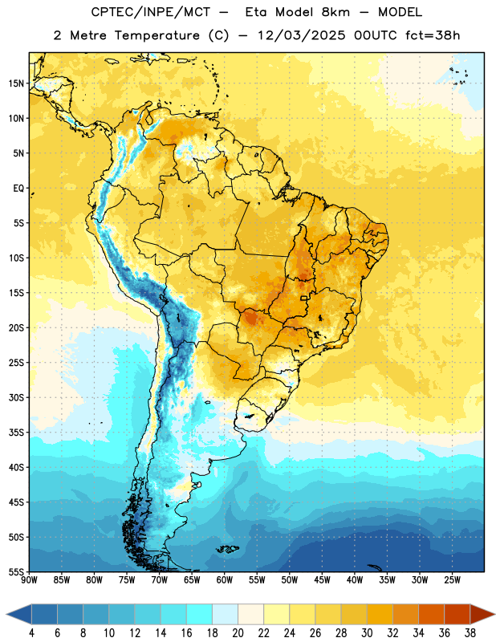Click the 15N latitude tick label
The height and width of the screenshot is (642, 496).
[16, 83]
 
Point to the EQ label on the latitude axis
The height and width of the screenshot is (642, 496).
[18, 189]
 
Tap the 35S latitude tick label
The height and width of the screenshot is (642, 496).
[16, 433]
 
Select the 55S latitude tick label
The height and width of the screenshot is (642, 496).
[16, 571]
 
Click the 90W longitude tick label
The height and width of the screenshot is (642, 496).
[29, 580]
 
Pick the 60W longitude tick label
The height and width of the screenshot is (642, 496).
[225, 580]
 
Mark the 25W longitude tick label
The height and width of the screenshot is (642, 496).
[452, 580]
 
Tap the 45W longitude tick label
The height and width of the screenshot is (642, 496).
[323, 580]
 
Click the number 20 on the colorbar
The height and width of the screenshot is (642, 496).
[238, 633]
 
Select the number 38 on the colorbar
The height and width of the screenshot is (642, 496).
[470, 633]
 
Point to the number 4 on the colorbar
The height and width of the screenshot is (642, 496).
[31, 633]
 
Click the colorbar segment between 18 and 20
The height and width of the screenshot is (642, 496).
[225, 614]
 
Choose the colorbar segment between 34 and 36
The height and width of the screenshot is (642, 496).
[431, 614]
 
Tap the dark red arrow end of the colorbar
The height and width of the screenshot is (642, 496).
[481, 614]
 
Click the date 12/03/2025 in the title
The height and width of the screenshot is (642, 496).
[302, 35]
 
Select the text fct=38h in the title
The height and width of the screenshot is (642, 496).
[433, 35]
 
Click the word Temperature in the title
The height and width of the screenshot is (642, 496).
[157, 35]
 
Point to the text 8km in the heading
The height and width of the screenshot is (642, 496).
[335, 13]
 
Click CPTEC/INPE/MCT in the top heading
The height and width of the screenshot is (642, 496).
[151, 13]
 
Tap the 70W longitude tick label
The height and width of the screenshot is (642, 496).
[160, 580]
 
